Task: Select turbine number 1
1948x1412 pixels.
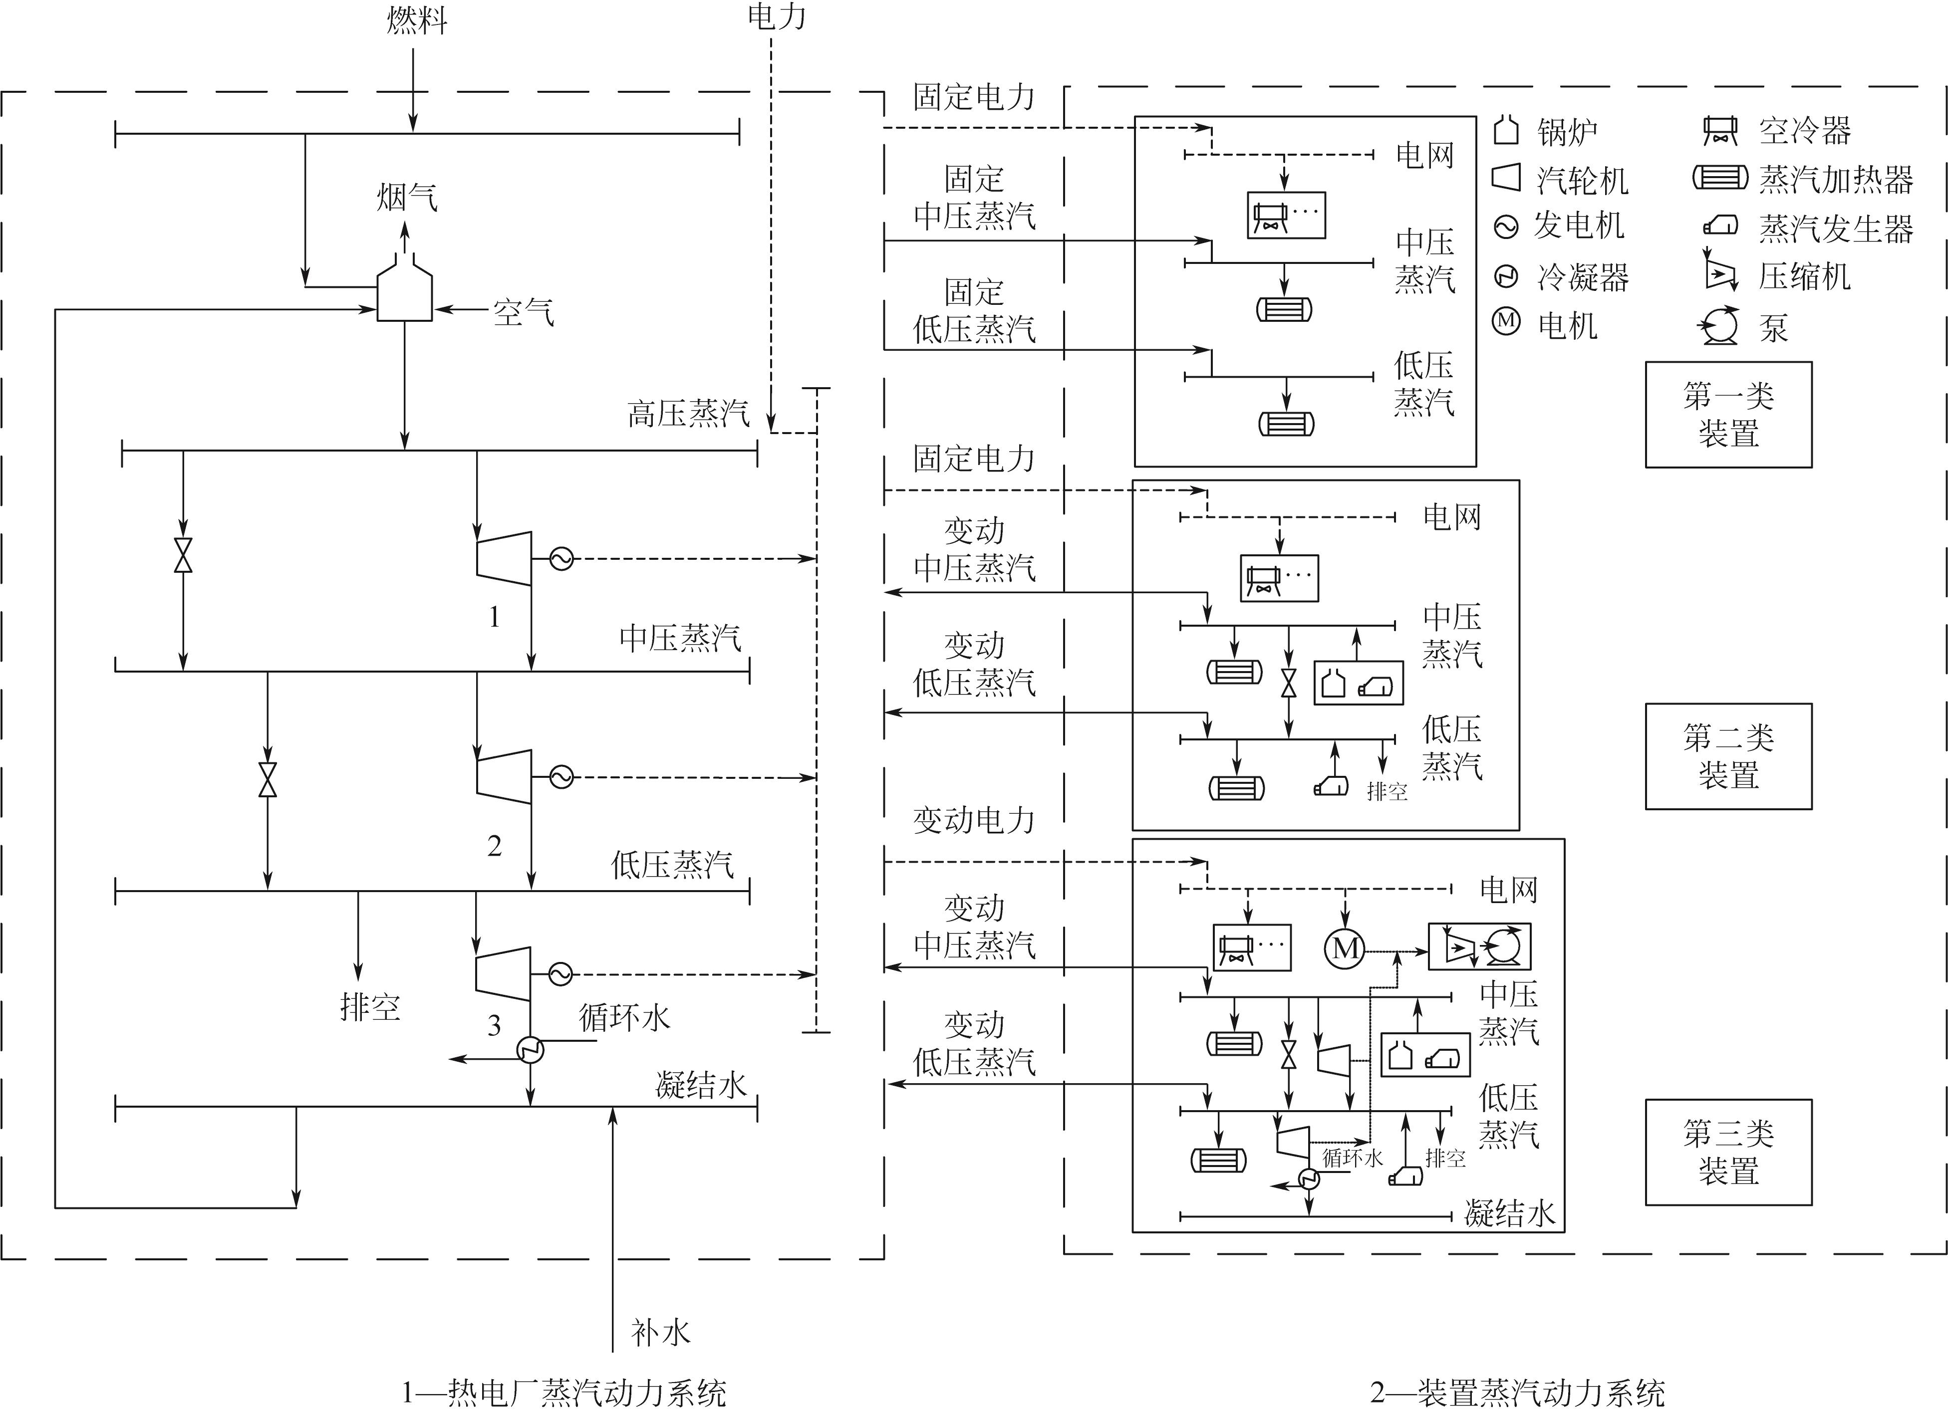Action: click(503, 559)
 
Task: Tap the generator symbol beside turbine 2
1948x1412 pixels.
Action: click(561, 777)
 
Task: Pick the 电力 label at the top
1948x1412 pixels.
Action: click(777, 16)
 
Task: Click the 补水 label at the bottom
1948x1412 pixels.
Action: click(660, 1332)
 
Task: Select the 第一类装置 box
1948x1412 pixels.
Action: click(1728, 415)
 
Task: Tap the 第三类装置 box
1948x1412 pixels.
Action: click(1728, 1152)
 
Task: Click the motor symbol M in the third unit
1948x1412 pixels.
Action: click(1345, 948)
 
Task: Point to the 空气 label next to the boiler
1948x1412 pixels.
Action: click(523, 311)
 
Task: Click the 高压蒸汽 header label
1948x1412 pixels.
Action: click(688, 414)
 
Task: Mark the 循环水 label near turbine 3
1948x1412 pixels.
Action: click(623, 1018)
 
